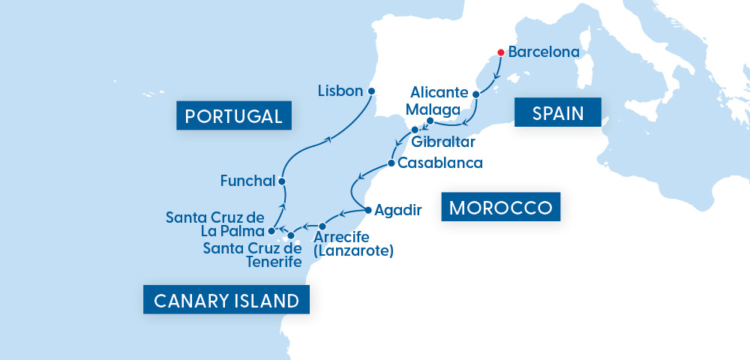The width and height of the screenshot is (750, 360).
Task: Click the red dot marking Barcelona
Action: (x=500, y=52)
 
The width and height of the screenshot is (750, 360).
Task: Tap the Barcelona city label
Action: (x=544, y=52)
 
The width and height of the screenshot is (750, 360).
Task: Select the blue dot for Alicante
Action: (x=475, y=94)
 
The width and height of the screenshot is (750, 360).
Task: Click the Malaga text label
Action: (x=433, y=109)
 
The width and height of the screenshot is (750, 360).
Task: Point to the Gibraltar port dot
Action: (x=415, y=130)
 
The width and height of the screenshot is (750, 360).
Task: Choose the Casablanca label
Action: (x=440, y=163)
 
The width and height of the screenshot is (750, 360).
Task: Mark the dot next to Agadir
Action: (x=367, y=210)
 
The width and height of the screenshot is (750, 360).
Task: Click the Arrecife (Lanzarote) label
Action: (x=353, y=244)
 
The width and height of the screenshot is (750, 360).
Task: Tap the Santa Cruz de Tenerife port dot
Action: (x=291, y=235)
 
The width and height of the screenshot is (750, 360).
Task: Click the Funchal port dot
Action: (x=281, y=181)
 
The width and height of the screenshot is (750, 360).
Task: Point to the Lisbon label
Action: (x=340, y=91)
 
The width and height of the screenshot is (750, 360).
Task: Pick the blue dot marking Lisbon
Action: (x=370, y=91)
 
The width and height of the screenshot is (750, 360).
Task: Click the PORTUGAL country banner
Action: (x=233, y=116)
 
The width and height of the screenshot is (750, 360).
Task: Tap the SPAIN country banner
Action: (x=558, y=113)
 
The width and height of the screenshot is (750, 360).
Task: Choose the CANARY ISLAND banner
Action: (x=226, y=301)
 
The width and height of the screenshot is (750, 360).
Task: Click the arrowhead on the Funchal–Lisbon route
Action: (x=327, y=140)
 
